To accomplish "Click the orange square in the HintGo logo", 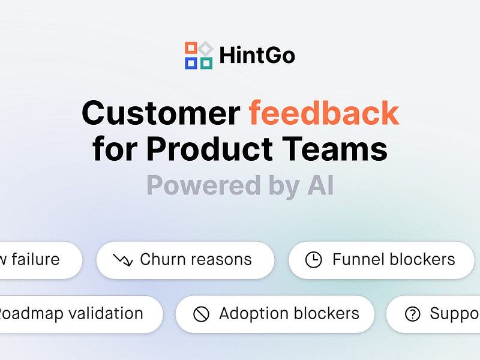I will coord(191,48).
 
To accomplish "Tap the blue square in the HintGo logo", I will coord(191,62).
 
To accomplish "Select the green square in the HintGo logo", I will coord(206,62).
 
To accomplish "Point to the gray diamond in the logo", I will coord(206,48).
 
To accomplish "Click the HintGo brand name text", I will coord(257,56).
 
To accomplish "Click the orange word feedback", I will coord(324,113).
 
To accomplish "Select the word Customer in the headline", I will coord(161,113).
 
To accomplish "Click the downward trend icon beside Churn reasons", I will coord(123,260).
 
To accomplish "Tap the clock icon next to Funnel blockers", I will coord(313,260).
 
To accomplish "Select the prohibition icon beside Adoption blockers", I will coord(201,314).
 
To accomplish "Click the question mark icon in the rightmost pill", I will coord(413,314).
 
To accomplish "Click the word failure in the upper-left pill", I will coord(35,260).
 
